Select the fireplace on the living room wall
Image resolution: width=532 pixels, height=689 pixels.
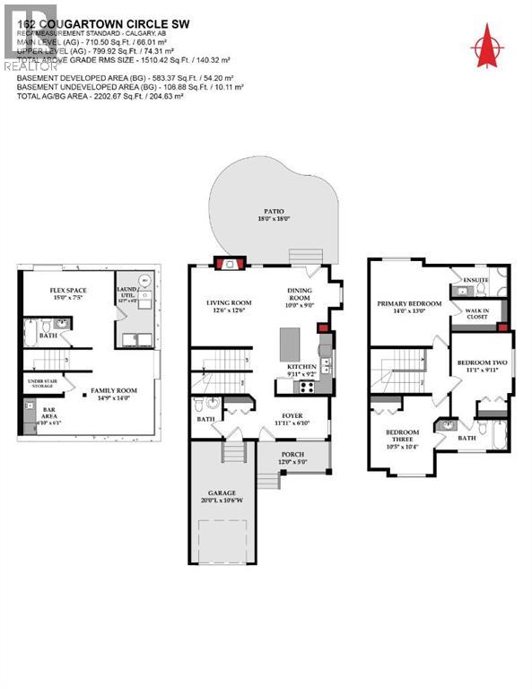[x=224, y=263]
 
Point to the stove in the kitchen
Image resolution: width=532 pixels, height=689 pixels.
[x=305, y=388]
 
